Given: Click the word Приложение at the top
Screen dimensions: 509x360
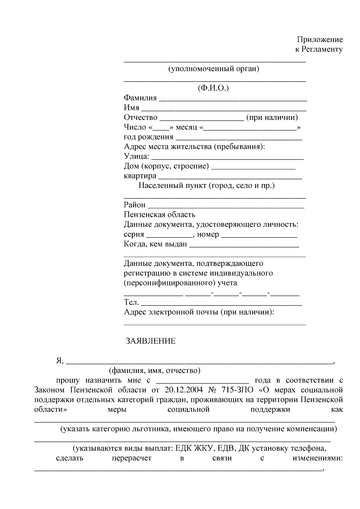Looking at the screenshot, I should tap(320, 40).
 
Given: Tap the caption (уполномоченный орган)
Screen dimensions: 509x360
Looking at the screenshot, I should tap(214, 69).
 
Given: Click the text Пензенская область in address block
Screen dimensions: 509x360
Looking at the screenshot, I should tap(159, 215).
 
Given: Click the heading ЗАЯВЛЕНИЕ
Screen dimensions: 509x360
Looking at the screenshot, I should tap(151, 341).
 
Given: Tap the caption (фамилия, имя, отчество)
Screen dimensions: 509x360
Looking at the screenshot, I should tap(154, 371).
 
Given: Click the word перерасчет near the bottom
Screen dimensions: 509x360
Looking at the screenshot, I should tap(132, 458).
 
